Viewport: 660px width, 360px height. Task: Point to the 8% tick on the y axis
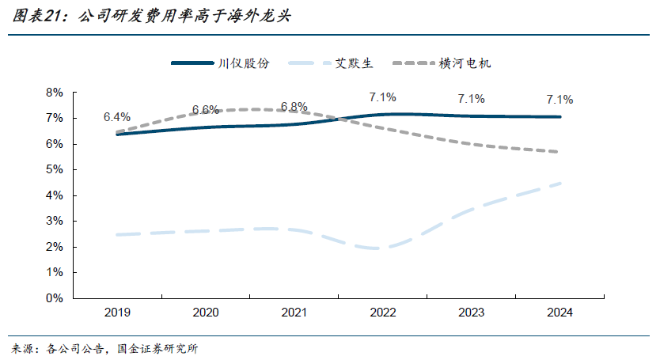pos(54,93)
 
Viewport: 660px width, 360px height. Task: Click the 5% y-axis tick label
pos(54,170)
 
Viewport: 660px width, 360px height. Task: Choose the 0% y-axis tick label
pos(54,298)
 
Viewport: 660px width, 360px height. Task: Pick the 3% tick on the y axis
pos(54,222)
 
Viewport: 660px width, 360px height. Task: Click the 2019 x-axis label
pos(116,313)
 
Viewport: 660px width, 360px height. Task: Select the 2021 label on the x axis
pos(294,313)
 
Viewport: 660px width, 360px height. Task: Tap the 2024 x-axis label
pos(559,313)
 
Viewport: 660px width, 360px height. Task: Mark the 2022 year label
pos(382,313)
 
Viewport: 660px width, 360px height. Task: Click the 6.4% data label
pos(116,118)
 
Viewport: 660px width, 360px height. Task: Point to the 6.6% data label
pos(205,110)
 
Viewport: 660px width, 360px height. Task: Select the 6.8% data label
pos(294,107)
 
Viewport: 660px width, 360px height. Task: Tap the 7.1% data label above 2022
pos(382,97)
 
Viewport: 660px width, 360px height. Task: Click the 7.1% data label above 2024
pos(559,100)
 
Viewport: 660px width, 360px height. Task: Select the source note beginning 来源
pos(104,348)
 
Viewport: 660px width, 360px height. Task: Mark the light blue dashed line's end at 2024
pos(559,184)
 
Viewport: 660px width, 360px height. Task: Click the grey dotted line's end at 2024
pos(559,152)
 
